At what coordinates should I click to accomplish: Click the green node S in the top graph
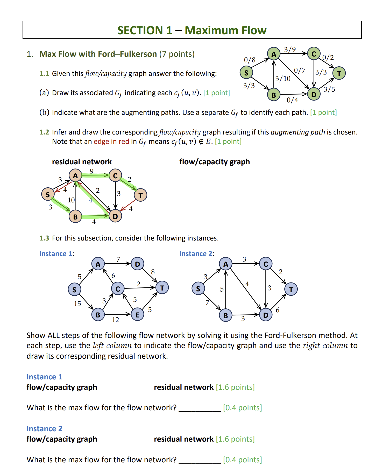tap(246, 73)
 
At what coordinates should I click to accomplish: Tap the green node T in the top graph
tap(339, 73)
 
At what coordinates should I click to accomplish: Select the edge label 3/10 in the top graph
tap(283, 79)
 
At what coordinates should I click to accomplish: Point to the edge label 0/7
tap(300, 70)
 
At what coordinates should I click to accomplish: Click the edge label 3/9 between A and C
tap(290, 49)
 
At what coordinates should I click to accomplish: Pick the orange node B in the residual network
tap(75, 217)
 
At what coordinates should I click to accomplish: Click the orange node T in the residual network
tap(140, 195)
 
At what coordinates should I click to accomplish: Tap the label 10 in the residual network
tap(71, 200)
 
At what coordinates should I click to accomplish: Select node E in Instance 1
tap(137, 315)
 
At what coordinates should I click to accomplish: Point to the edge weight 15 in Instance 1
tap(77, 304)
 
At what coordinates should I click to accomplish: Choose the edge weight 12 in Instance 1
tap(115, 320)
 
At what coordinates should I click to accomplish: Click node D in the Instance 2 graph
tap(266, 315)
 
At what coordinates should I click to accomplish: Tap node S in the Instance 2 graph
tap(198, 289)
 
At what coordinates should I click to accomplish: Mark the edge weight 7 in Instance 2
tap(207, 303)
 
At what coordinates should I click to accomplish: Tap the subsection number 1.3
tap(44, 238)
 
